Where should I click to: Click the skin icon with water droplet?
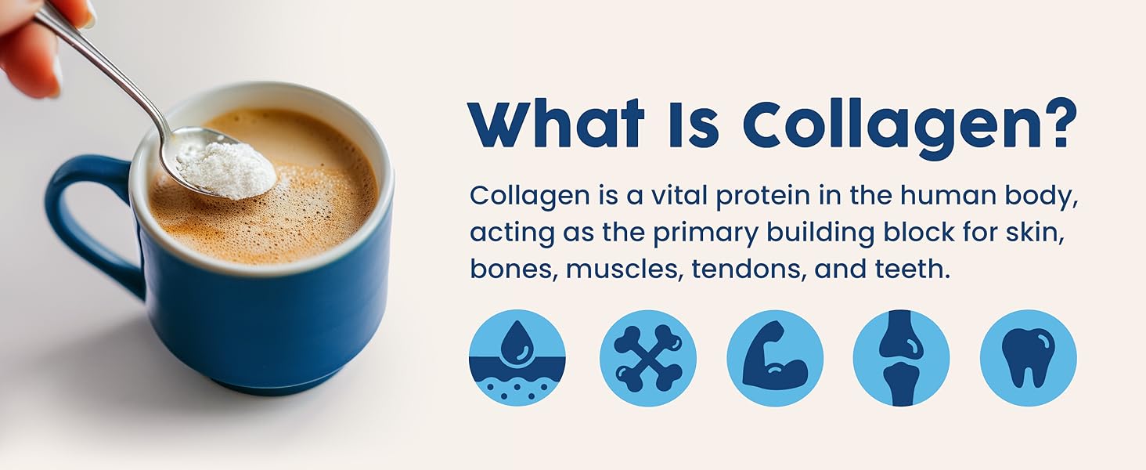(517, 358)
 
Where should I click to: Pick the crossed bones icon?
(648, 358)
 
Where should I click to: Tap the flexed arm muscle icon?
(775, 358)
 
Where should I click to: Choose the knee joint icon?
(902, 358)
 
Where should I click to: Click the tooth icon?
(1029, 358)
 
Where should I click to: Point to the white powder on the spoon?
(225, 169)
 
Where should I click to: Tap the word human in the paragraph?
(944, 195)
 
